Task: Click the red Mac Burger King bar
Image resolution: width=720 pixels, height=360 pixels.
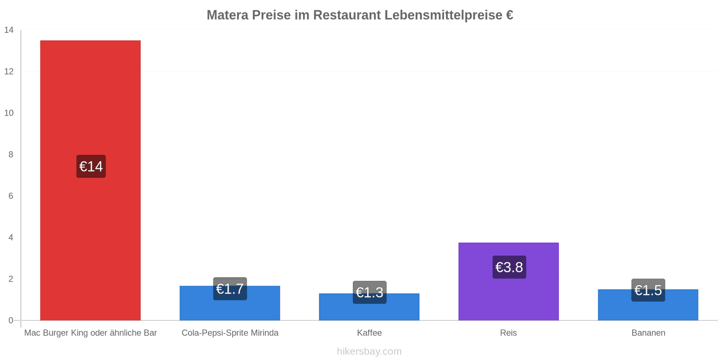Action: (x=90, y=180)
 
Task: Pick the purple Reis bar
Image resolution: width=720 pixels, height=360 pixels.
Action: (x=508, y=282)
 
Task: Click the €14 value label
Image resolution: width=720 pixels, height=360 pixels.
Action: (x=91, y=166)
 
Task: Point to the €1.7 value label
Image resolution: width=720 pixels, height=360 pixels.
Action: (x=230, y=288)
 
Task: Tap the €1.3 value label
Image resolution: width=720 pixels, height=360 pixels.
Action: (x=369, y=292)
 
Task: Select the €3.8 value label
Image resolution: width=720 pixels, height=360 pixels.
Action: (x=509, y=267)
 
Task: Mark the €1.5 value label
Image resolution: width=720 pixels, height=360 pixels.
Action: (x=648, y=290)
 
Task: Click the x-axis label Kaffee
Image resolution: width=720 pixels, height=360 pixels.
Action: (x=369, y=333)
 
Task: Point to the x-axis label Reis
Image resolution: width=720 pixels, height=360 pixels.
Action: (x=508, y=333)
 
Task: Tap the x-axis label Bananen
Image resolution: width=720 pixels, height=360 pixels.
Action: (x=648, y=333)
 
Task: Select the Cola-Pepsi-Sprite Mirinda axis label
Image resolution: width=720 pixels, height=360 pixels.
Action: (x=230, y=333)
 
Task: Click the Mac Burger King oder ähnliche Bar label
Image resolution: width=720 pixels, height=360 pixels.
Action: (x=90, y=333)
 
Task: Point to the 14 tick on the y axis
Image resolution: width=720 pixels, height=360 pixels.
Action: (x=9, y=30)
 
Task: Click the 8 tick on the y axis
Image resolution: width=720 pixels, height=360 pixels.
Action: (x=11, y=155)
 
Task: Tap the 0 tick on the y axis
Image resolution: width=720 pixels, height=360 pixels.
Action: (x=11, y=320)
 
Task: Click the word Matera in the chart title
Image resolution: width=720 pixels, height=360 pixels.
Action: (x=228, y=15)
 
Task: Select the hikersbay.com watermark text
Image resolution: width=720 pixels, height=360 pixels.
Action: (x=369, y=351)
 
